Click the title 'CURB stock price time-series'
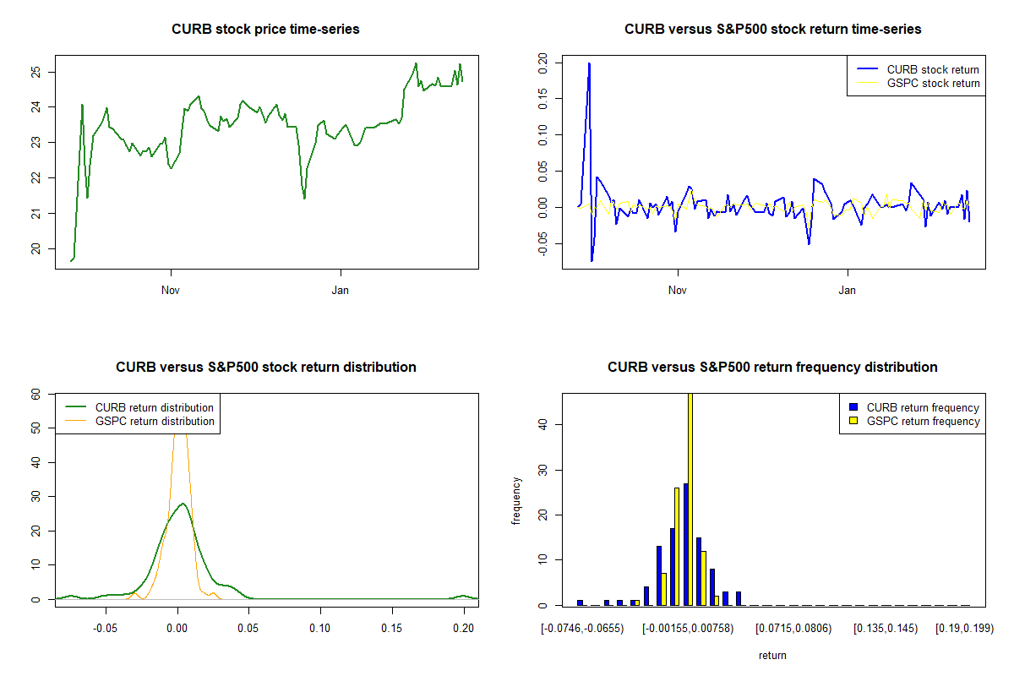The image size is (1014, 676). (265, 30)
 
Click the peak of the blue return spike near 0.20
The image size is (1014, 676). (589, 63)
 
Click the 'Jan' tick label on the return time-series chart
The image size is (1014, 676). (848, 290)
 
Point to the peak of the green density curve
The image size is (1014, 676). (181, 504)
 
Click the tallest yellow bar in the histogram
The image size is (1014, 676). (690, 499)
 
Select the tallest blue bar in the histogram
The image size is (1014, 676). (685, 544)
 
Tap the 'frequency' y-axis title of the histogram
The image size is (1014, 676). (517, 501)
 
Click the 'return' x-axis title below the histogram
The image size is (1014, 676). (772, 655)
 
